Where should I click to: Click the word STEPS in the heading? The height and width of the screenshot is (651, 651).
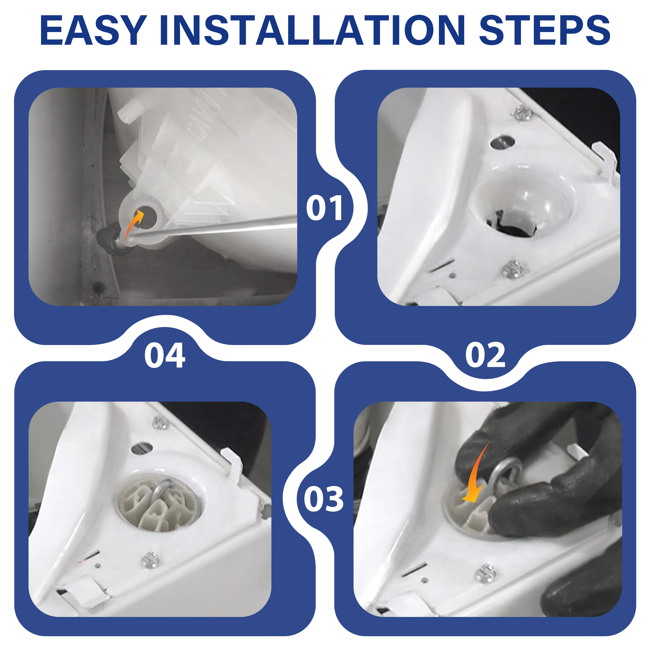point(545,30)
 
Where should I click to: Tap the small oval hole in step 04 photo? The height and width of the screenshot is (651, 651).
point(142,448)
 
